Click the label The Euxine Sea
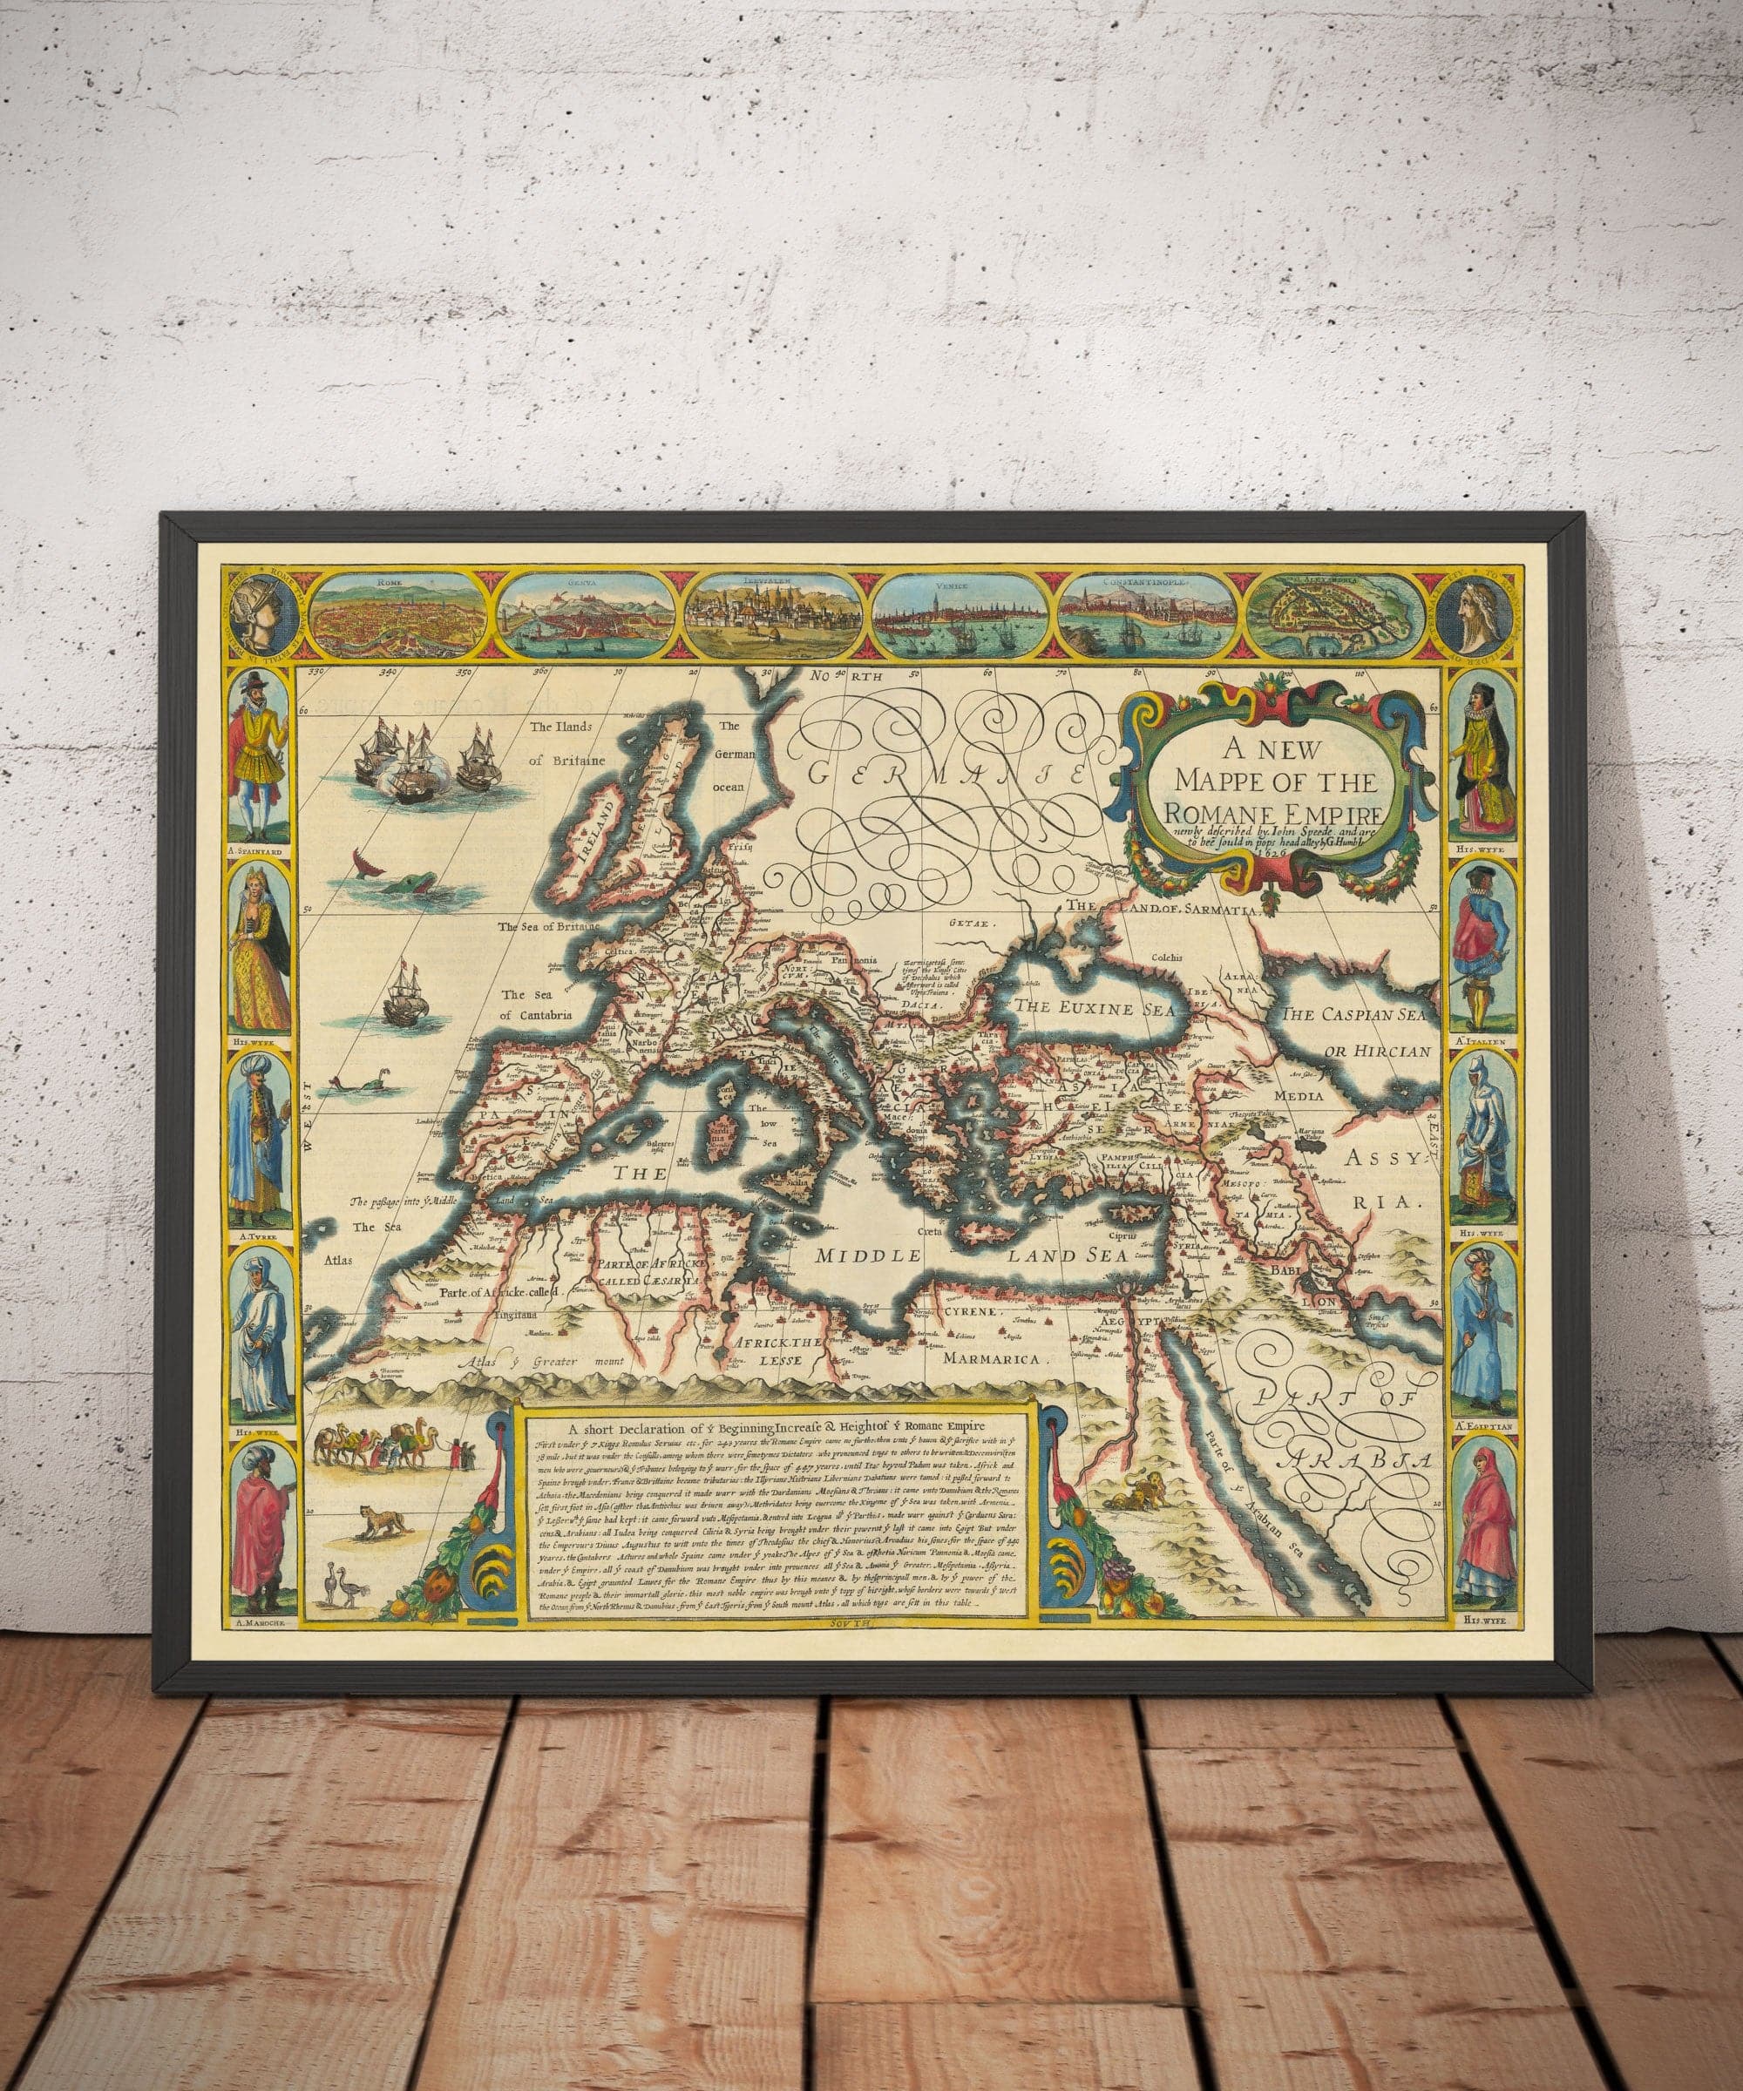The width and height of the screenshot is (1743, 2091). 1089,1009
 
